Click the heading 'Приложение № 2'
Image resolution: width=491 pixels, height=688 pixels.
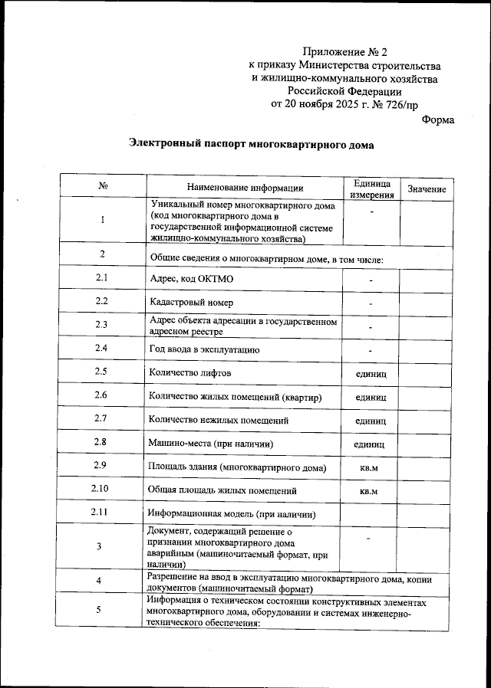tap(345, 52)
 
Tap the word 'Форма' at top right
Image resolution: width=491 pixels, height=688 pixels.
tap(438, 120)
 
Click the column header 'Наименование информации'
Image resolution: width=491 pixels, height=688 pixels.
tap(245, 188)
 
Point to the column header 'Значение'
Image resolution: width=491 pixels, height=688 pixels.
tap(427, 188)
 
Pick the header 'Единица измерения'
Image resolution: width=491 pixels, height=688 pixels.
tap(371, 188)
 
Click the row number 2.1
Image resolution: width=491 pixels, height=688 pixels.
tap(102, 277)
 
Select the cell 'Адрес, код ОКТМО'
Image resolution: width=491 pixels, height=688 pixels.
tap(192, 278)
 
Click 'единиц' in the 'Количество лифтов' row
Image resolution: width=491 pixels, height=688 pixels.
tap(371, 373)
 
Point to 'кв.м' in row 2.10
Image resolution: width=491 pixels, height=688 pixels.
tap(370, 490)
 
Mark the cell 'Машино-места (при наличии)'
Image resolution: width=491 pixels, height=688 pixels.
tap(211, 444)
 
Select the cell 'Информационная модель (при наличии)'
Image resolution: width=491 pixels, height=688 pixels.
tap(232, 514)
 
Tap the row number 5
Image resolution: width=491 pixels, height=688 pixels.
tap(100, 610)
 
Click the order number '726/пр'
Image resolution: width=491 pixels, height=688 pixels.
tap(401, 105)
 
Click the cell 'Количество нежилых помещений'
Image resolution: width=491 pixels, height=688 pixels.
tap(218, 420)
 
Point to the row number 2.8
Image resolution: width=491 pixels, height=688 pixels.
tap(102, 442)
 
